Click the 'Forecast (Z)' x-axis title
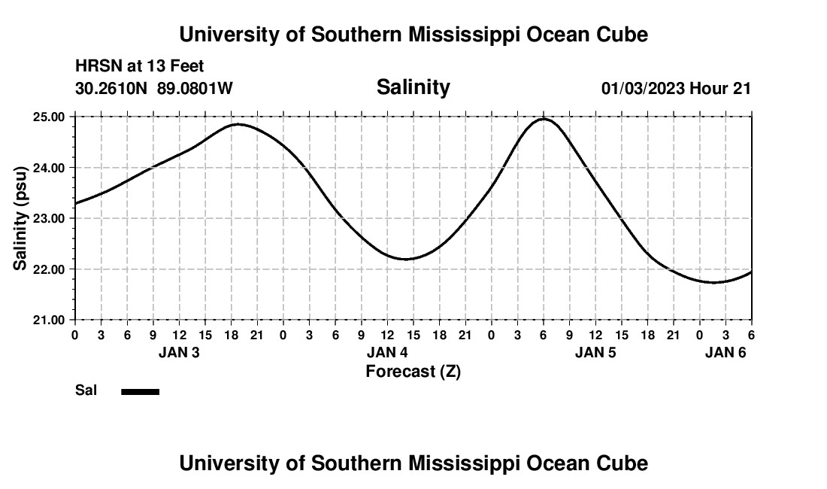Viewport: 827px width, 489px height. (413, 371)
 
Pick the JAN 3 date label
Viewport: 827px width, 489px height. (179, 352)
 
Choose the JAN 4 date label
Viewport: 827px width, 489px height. (387, 352)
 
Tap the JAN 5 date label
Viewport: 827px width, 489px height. (595, 352)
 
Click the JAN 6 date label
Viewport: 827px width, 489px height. (725, 352)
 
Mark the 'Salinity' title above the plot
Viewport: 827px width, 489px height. (413, 87)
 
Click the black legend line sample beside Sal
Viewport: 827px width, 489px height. (141, 391)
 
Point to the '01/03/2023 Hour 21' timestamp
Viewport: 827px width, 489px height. (676, 89)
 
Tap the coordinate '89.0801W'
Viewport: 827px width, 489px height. (195, 89)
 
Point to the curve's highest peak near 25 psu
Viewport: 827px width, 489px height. (544, 119)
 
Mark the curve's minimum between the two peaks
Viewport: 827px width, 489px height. (406, 259)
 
